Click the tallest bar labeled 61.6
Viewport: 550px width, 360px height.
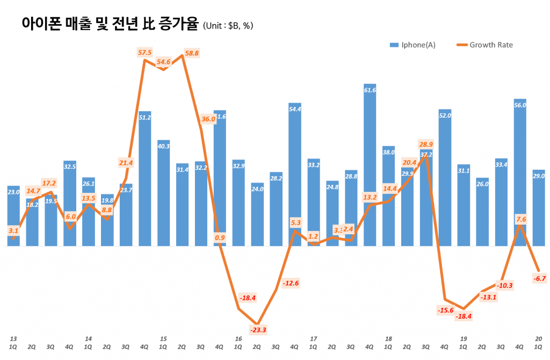[370, 167]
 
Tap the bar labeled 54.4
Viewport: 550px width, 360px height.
[295, 175]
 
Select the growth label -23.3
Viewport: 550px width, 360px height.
[258, 329]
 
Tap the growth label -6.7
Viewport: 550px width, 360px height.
[540, 278]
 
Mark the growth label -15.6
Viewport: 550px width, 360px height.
[445, 310]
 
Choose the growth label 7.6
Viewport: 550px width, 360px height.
[520, 219]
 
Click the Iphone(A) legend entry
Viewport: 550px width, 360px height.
[412, 45]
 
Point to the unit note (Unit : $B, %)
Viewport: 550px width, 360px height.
[228, 25]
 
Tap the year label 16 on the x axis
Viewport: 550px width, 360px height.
[238, 339]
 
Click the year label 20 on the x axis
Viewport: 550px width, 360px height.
[539, 339]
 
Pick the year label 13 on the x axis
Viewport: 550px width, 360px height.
[13, 339]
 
